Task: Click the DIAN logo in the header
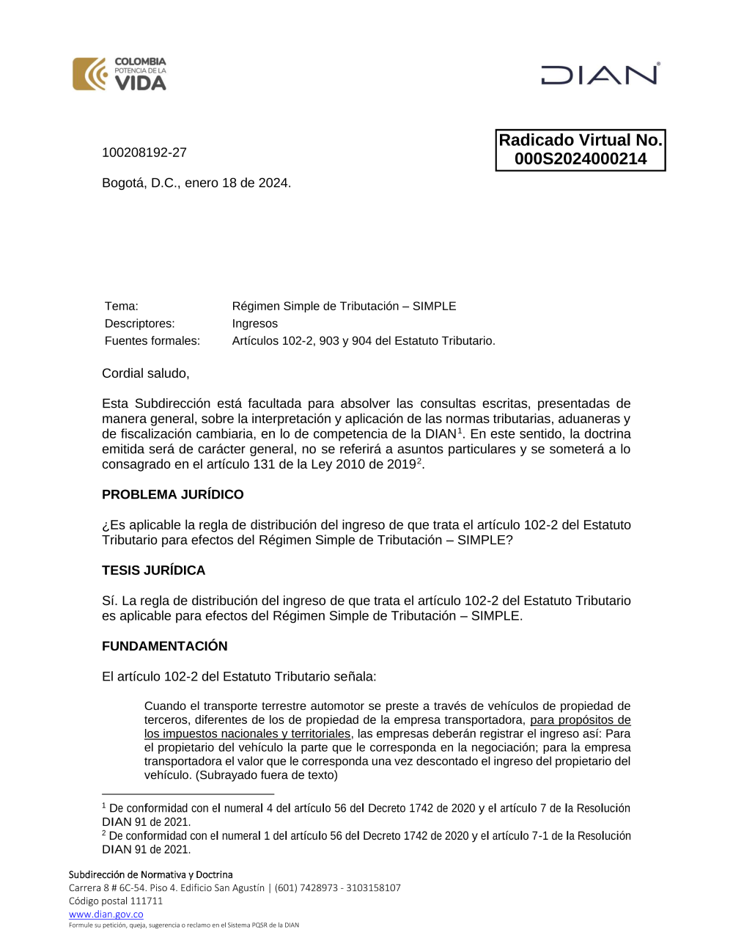click(x=600, y=75)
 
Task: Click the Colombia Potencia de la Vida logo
click(x=119, y=74)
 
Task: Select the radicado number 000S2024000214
click(x=581, y=159)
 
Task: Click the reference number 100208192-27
click(x=144, y=153)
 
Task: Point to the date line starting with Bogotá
click(x=196, y=183)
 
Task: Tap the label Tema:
click(x=122, y=307)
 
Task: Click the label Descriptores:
click(x=140, y=323)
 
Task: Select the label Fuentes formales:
click(x=152, y=341)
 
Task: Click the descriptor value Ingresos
click(x=255, y=323)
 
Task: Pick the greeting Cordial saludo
click(x=146, y=373)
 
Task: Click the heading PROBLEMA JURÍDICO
click(x=173, y=495)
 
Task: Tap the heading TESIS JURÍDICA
click(x=154, y=571)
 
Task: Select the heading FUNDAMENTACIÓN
click(x=165, y=646)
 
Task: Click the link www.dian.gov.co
click(x=106, y=915)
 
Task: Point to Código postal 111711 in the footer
click(x=116, y=901)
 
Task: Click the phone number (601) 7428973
click(x=307, y=888)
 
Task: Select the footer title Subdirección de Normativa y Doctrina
click(x=151, y=875)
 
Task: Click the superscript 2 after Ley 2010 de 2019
click(x=419, y=461)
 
